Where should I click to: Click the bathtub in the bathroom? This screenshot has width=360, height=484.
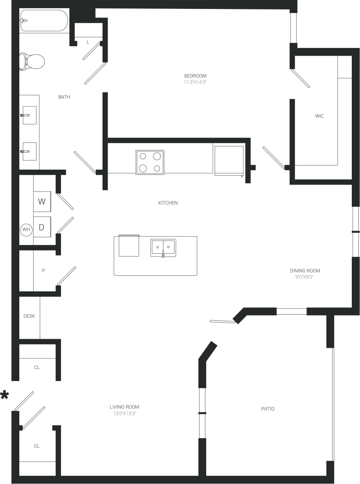[44, 20]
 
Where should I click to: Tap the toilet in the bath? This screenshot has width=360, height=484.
[32, 61]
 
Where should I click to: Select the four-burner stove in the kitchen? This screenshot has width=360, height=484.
[150, 162]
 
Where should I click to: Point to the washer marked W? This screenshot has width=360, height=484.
[42, 201]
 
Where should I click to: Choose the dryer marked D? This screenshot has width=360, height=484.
[42, 227]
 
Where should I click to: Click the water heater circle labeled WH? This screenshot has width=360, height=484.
[26, 230]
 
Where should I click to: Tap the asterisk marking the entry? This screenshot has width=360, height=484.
[4, 396]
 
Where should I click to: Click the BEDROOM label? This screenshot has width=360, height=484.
[195, 76]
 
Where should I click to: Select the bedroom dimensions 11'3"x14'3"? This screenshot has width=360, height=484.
[195, 82]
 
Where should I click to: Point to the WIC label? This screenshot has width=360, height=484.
[319, 116]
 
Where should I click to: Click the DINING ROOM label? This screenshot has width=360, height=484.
[305, 270]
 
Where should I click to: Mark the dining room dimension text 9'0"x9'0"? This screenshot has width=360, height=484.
[305, 277]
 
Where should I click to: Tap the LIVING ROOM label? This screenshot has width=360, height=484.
[124, 407]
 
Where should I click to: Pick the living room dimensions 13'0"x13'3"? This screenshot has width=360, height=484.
[124, 413]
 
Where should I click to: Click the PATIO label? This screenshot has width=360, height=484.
[268, 409]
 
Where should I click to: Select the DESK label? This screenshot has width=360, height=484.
[29, 316]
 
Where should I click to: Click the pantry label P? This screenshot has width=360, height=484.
[43, 271]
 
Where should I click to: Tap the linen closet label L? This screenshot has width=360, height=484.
[88, 42]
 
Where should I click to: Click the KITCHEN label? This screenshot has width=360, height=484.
[168, 203]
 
